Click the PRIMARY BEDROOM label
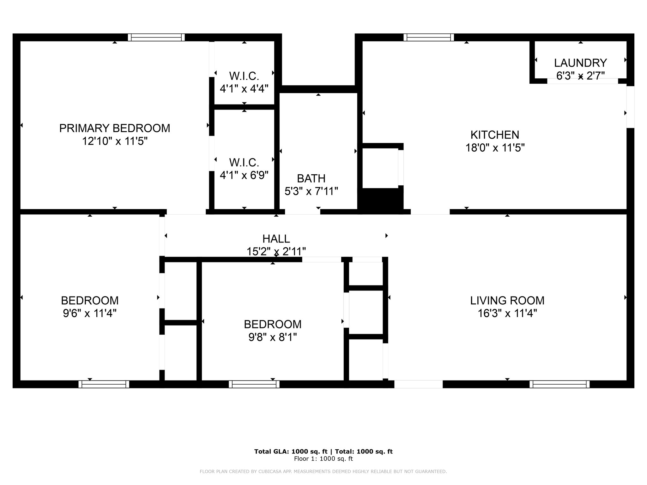(x=115, y=128)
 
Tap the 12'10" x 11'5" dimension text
(x=115, y=141)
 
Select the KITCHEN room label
(x=495, y=135)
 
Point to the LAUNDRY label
(x=580, y=63)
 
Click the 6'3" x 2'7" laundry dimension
(x=581, y=76)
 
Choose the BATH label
(x=311, y=178)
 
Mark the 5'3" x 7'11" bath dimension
(x=311, y=191)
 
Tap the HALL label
(x=276, y=239)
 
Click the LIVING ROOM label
(x=507, y=300)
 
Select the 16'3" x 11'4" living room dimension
(x=507, y=313)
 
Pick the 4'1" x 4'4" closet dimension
(x=244, y=89)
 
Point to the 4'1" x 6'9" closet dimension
(x=244, y=175)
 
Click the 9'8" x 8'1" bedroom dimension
(x=273, y=338)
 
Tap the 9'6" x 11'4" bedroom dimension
(x=90, y=313)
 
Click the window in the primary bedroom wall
(x=156, y=38)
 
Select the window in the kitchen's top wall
(x=429, y=38)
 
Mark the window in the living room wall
(x=559, y=384)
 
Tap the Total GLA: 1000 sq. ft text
(x=291, y=452)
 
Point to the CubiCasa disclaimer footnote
(x=323, y=471)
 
